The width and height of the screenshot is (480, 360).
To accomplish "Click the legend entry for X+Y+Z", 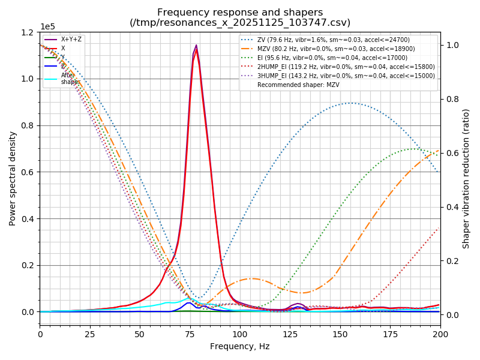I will (x=71, y=40).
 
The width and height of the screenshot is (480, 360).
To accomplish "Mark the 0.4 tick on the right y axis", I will (x=451, y=207).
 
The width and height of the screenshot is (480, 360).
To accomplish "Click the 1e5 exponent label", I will (x=47, y=27).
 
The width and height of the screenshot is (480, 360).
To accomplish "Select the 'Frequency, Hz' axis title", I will (x=240, y=346).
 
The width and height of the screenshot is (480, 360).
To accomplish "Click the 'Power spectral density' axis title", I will (x=13, y=178).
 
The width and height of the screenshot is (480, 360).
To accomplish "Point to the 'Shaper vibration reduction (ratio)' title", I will (x=466, y=178).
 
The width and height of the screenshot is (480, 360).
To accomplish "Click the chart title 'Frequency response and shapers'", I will (x=240, y=13).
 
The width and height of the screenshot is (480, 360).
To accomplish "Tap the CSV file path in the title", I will (x=240, y=23).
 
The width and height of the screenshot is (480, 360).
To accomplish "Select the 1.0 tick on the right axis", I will (x=451, y=45).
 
